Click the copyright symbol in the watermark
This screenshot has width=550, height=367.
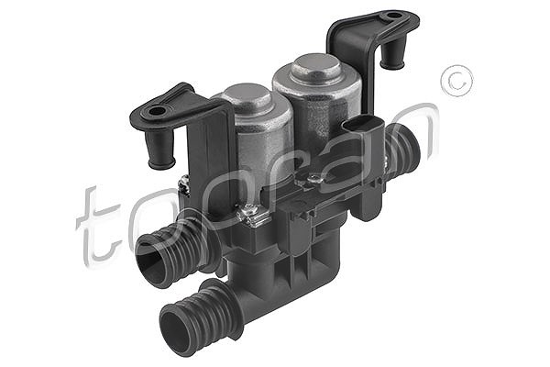coord(456,81)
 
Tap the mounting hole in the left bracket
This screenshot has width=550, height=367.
coord(157,112)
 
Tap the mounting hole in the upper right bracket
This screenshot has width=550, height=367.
coord(393,16)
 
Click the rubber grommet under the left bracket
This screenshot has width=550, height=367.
coord(159,150)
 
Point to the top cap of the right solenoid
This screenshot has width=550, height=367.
coord(316,66)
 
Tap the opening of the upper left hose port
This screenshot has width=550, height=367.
coord(151,259)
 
